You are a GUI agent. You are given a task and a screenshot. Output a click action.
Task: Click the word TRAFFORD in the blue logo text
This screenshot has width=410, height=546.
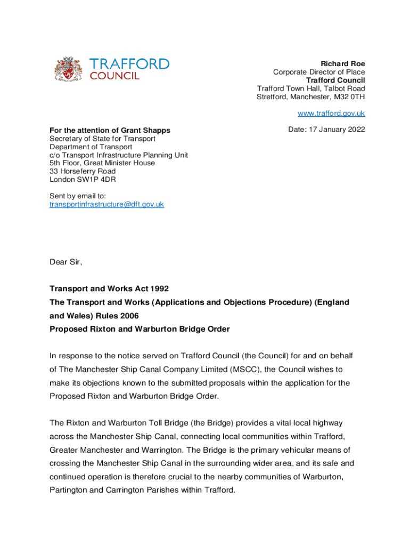point(129,64)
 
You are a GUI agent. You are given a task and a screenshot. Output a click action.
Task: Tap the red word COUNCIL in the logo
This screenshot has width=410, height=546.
point(114,76)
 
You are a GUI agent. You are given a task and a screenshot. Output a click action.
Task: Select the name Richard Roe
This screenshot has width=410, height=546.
point(342,63)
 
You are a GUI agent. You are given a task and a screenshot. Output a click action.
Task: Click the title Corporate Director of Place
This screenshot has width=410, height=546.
point(319,72)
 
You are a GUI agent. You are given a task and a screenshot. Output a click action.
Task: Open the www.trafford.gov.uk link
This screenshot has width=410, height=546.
point(331,113)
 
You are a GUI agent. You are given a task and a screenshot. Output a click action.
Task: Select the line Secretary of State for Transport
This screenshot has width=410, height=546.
point(102,139)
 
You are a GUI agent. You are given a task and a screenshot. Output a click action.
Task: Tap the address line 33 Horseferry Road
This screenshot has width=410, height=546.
point(83,171)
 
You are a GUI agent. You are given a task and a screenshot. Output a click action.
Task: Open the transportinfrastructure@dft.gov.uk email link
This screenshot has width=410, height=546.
point(106,204)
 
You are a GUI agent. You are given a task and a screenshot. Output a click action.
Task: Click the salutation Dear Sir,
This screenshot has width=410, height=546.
point(66,262)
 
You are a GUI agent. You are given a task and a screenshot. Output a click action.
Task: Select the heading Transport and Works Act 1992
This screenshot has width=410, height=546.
point(109,288)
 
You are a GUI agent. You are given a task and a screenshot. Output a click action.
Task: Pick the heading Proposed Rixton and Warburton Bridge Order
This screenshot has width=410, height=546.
point(140,329)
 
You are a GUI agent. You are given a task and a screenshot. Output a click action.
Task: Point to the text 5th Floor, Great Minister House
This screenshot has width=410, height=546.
point(102,163)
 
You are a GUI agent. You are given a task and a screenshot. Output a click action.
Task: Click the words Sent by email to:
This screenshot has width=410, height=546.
point(78,196)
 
